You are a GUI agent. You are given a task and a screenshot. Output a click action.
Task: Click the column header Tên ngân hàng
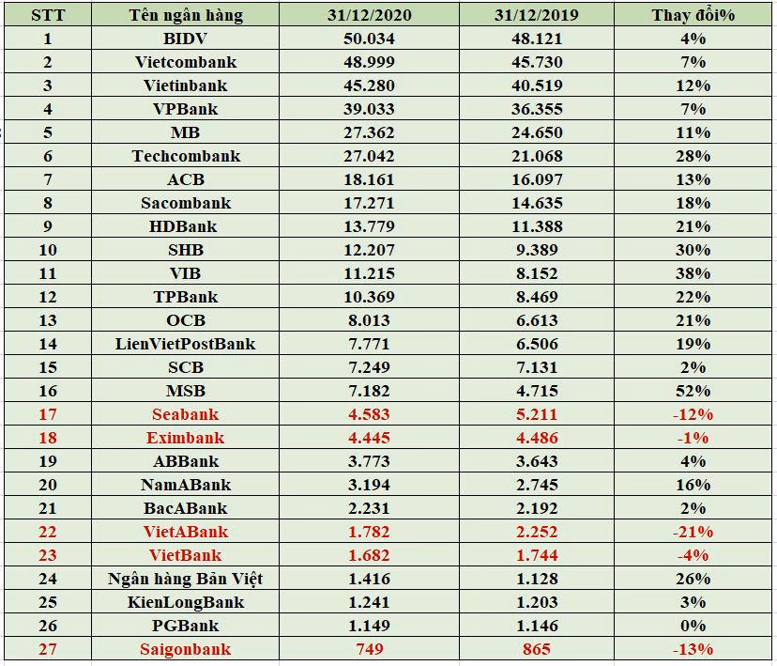(x=186, y=15)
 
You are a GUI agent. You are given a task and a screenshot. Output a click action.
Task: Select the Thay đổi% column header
(x=693, y=15)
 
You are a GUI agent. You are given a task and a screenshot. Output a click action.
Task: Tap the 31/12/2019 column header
(x=537, y=15)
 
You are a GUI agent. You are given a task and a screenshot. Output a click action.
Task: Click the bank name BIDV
(x=186, y=39)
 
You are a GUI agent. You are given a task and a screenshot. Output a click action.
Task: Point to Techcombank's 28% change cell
(x=693, y=156)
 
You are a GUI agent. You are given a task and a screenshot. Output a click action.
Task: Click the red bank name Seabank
(x=186, y=414)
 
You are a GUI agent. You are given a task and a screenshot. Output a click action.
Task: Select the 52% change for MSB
(x=693, y=391)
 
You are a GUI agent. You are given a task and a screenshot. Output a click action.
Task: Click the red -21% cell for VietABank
(x=693, y=532)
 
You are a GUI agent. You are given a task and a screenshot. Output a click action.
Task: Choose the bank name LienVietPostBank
(x=186, y=344)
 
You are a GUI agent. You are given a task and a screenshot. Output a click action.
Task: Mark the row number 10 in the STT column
(x=48, y=250)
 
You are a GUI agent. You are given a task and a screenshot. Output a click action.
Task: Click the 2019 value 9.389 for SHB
(x=537, y=250)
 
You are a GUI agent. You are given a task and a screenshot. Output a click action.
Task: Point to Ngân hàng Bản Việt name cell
(x=186, y=579)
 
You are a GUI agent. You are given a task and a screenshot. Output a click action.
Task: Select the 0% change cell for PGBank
(x=693, y=626)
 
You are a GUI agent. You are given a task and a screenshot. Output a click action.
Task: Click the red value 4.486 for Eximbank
(x=537, y=438)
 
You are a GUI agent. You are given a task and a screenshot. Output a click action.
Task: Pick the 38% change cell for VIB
(x=693, y=273)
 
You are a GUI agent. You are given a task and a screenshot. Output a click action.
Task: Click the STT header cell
(x=48, y=15)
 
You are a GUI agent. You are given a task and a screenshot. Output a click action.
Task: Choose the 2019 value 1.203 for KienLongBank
(x=537, y=602)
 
